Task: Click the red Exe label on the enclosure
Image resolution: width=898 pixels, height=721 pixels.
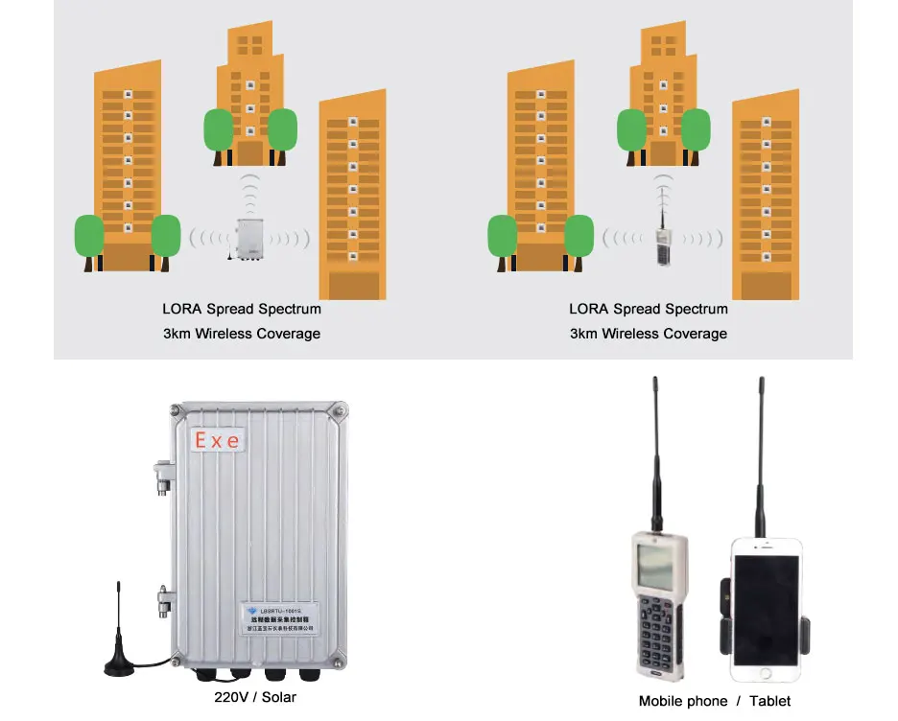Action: pos(219,440)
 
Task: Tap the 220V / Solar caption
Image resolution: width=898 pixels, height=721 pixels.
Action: pos(255,697)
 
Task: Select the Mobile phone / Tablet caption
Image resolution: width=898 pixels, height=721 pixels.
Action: pos(715,701)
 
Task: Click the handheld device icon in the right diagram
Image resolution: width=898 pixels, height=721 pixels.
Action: pos(662,245)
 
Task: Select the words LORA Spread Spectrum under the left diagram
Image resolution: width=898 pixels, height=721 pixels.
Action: pos(242,309)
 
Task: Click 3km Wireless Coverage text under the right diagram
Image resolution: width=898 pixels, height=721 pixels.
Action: pos(649,334)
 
